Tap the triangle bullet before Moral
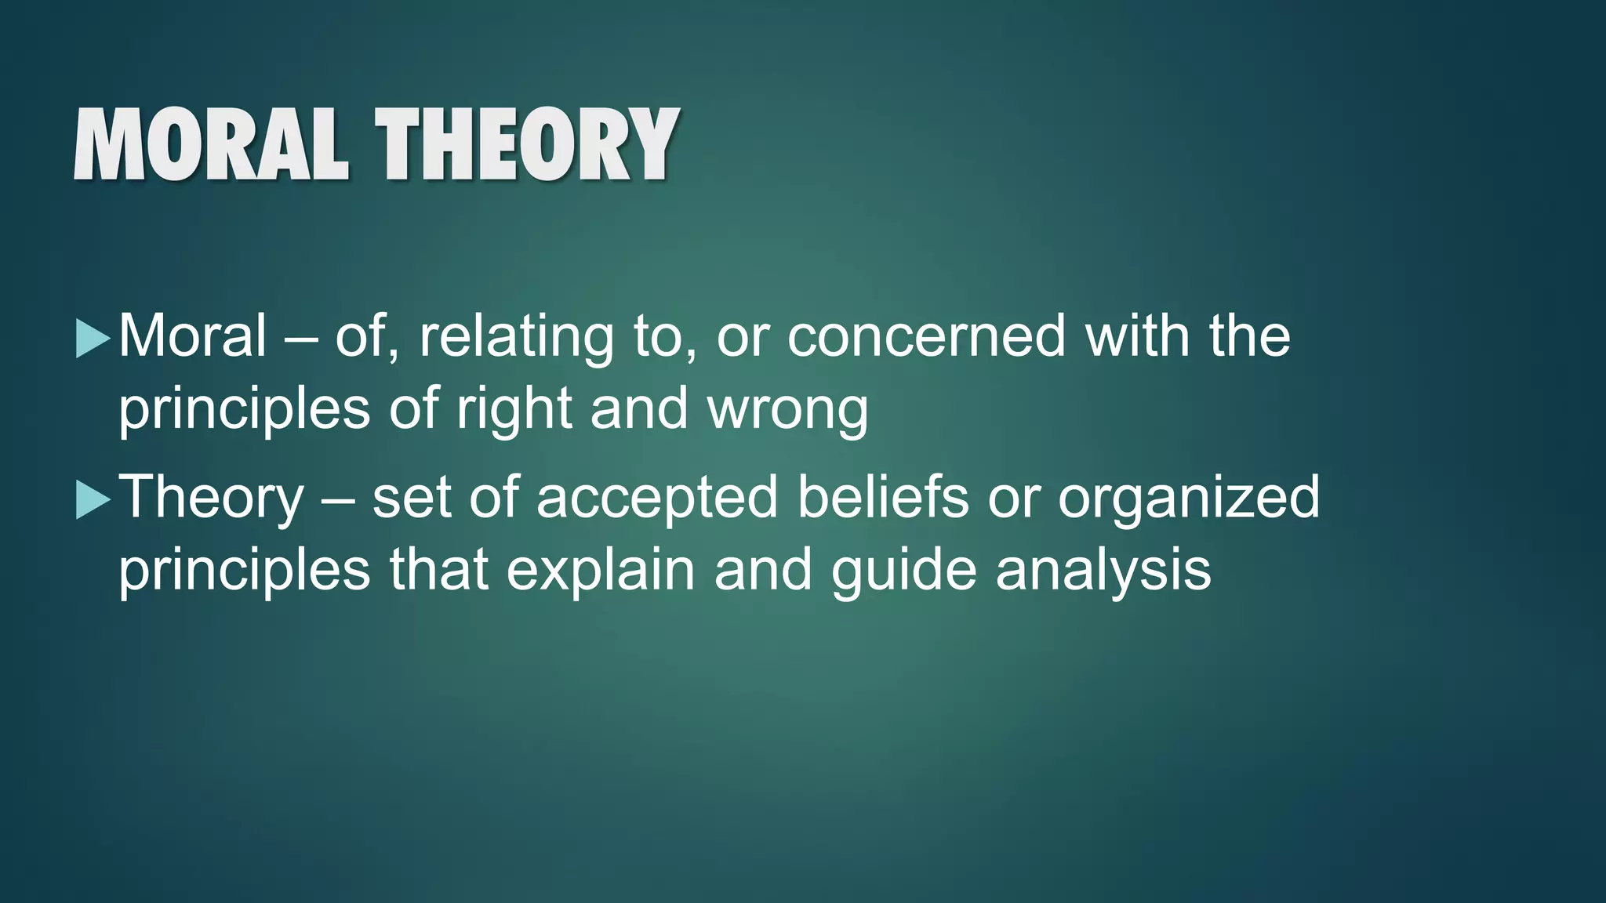(93, 340)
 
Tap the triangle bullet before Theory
(93, 501)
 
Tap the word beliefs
(883, 498)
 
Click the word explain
(601, 571)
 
